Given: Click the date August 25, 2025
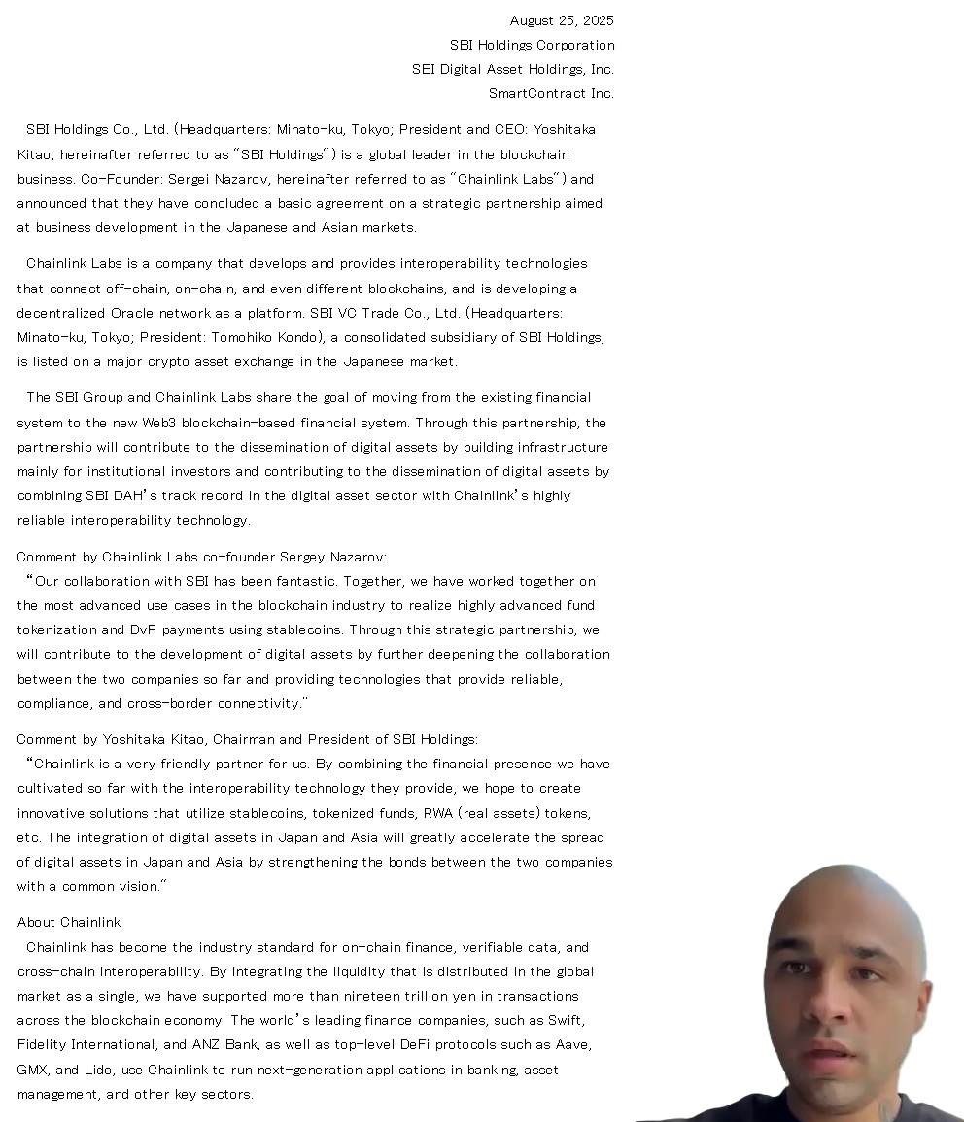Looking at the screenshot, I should click(562, 20).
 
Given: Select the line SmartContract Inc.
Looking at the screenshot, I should click(551, 93).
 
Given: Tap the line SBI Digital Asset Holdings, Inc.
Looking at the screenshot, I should click(512, 69).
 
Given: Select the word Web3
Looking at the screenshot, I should click(159, 423).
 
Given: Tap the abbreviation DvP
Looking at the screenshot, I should click(143, 629).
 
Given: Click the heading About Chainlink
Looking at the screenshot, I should click(69, 922).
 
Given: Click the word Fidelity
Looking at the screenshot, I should click(43, 1044).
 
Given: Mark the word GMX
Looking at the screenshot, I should click(32, 1070).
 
